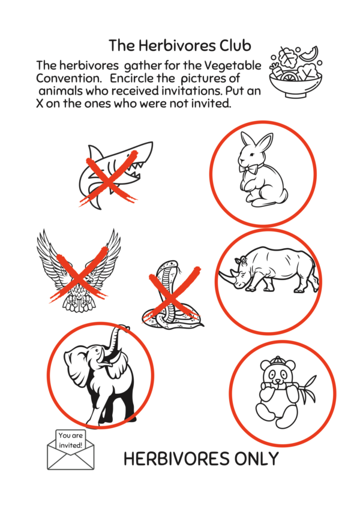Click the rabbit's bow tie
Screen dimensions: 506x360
pos(246,168)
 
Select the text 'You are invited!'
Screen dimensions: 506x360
pos(70,440)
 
